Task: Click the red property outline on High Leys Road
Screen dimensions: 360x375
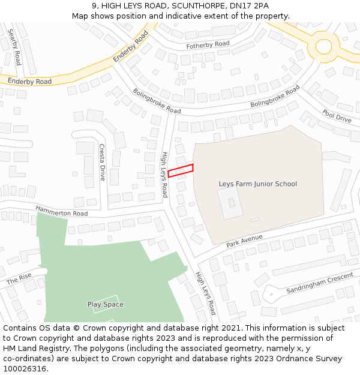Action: tap(181, 170)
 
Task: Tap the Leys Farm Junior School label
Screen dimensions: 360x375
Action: tap(258, 184)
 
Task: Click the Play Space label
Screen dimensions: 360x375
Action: tap(106, 304)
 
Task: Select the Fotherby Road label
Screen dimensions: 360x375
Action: tap(208, 44)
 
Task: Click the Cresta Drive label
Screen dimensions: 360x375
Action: tap(102, 162)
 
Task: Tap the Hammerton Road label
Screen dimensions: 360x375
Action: tap(61, 211)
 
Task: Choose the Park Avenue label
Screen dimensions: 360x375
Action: tap(245, 241)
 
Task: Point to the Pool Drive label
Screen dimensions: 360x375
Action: tap(337, 116)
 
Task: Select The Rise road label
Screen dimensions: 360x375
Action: tap(19, 279)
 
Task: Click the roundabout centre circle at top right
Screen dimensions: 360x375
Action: tap(323, 46)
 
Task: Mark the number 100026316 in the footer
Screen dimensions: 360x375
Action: tap(25, 368)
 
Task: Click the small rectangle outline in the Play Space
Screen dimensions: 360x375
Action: tap(106, 304)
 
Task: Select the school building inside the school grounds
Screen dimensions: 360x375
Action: tap(230, 203)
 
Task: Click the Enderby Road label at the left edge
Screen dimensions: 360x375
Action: tap(29, 80)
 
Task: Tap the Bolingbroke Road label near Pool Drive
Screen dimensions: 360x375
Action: tap(275, 98)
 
